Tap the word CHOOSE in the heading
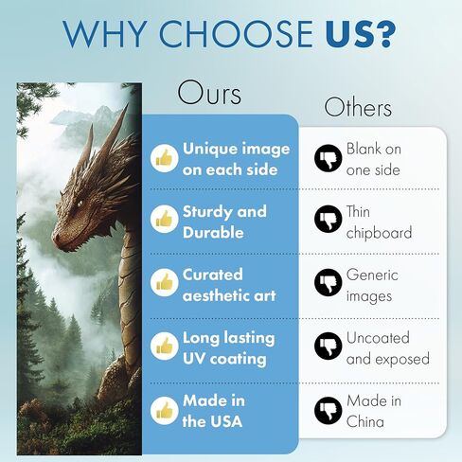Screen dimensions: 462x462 coord(236,33)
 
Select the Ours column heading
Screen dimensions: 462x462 coord(209,93)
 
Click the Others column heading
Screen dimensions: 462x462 coord(358,107)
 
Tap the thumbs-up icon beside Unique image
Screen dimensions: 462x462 coord(164,158)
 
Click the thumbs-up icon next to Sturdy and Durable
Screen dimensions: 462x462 coord(164,220)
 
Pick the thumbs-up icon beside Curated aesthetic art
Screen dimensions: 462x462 coord(164,283)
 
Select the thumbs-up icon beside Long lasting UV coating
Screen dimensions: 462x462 coord(164,346)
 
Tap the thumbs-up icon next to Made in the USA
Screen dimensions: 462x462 coord(164,411)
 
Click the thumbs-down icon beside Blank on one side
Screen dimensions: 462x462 coord(329,158)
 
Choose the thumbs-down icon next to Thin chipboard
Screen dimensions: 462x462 coord(329,220)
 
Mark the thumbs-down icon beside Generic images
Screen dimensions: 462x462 coord(329,282)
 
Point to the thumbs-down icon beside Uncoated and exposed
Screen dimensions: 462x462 coord(329,346)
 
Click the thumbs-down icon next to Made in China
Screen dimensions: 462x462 coord(329,411)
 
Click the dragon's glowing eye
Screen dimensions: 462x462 coord(80,204)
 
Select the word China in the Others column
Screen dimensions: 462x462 coord(365,421)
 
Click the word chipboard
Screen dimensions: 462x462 coord(379,233)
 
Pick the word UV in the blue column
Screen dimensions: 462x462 coord(193,359)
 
